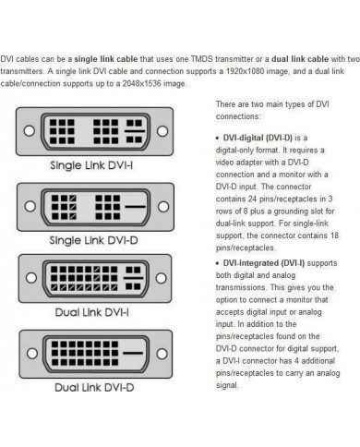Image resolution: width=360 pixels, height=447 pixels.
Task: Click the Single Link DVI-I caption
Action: (91, 165)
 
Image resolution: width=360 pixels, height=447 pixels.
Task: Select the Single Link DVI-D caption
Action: (93, 240)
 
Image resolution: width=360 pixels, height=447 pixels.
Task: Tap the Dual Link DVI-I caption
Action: (92, 312)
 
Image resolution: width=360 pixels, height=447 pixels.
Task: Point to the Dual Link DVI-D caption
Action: (94, 388)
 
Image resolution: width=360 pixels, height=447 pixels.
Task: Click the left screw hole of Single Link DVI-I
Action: (30, 131)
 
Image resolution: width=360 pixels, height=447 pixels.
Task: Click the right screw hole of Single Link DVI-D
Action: (163, 206)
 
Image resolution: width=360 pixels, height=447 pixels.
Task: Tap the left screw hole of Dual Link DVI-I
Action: (31, 278)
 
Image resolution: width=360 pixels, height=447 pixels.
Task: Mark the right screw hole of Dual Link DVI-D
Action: (162, 354)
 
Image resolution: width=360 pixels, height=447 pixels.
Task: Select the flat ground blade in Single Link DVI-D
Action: (136, 206)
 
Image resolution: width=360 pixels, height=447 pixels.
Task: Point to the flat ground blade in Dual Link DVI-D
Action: (133, 353)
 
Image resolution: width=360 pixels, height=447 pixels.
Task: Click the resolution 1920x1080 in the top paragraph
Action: (245, 71)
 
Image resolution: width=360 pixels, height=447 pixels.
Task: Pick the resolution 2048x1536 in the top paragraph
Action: (141, 84)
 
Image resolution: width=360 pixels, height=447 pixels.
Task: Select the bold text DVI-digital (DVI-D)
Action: (258, 138)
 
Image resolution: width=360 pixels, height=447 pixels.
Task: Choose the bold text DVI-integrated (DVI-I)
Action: (264, 263)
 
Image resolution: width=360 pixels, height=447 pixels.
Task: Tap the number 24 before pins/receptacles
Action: (253, 199)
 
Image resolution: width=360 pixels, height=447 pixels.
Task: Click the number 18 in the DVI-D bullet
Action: (334, 236)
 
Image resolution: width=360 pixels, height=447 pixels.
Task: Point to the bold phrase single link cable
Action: (106, 59)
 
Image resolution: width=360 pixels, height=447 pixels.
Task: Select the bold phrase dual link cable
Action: (300, 59)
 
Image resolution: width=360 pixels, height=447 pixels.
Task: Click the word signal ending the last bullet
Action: (227, 385)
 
